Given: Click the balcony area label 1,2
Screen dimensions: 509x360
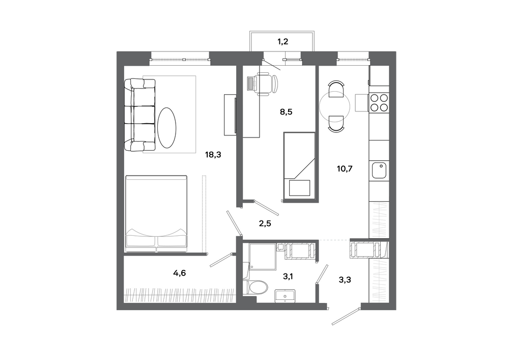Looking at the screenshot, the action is (282, 42).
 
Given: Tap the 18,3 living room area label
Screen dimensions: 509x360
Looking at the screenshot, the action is (213, 155).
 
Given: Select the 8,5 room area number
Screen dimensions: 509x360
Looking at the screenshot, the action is (286, 112).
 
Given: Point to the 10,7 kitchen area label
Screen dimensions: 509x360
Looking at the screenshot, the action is (345, 169).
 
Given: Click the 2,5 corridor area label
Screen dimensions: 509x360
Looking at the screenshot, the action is (265, 224).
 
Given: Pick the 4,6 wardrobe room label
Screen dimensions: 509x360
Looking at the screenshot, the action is (179, 273).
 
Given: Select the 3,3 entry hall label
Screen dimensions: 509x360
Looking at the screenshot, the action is (345, 280).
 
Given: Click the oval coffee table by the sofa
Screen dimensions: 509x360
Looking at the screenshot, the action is (167, 128).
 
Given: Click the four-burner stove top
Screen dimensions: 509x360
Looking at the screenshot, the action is (379, 102).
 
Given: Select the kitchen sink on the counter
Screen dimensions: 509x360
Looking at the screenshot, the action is (379, 171).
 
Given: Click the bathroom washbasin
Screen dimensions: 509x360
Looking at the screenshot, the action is (285, 296).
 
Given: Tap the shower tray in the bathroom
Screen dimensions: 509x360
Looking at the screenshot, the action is (262, 257).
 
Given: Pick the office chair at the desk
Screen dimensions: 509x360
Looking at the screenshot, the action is (268, 84).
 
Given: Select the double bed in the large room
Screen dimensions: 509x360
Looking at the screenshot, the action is (156, 213).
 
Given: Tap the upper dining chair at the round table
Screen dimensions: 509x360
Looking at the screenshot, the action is (335, 88).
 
